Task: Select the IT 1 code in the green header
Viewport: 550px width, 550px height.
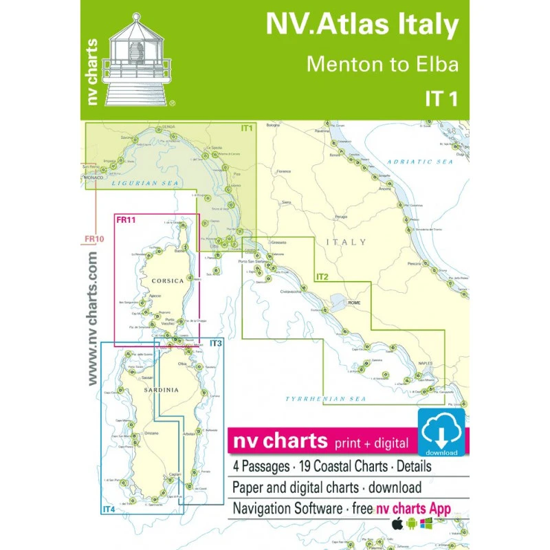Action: click(439, 98)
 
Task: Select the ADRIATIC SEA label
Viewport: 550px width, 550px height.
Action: click(420, 162)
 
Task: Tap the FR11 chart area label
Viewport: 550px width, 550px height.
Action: click(125, 220)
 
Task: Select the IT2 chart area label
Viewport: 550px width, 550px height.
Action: click(322, 277)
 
